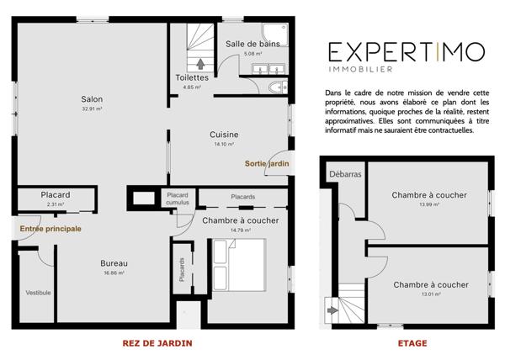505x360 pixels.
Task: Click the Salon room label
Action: pyautogui.click(x=93, y=98)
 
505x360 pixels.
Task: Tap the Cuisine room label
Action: pyautogui.click(x=224, y=134)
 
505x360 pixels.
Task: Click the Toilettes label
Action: pyautogui.click(x=191, y=77)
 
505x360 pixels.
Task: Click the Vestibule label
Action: pyautogui.click(x=39, y=292)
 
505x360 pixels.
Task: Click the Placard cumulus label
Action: pyautogui.click(x=178, y=199)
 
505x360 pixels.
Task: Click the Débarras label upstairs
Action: pyautogui.click(x=344, y=175)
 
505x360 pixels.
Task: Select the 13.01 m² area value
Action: pyautogui.click(x=429, y=294)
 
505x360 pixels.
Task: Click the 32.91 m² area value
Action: pyautogui.click(x=93, y=109)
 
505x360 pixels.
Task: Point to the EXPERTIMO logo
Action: pyautogui.click(x=406, y=51)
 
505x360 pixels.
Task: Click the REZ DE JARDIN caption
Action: pyautogui.click(x=157, y=343)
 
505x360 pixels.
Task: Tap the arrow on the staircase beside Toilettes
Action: pyautogui.click(x=199, y=61)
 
